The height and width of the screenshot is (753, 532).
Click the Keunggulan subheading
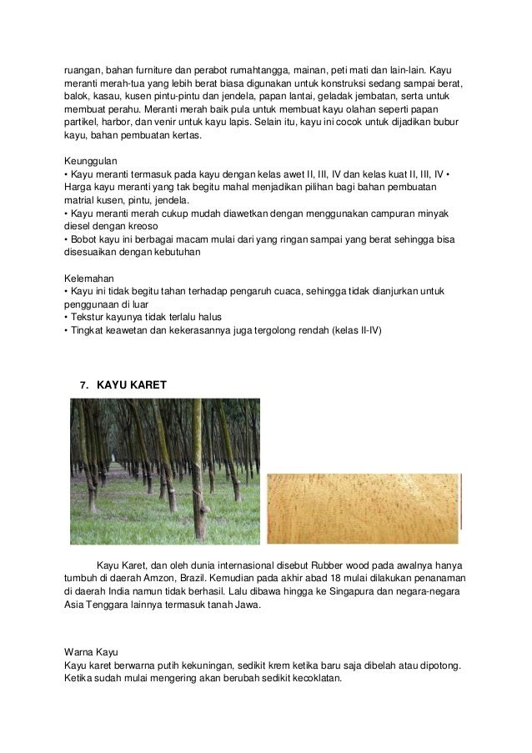coord(91,158)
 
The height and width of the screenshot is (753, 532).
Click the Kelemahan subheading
coord(89,277)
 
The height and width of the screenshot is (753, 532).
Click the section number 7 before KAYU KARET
coord(83,385)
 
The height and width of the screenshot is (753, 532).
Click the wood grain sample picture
coord(364,501)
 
